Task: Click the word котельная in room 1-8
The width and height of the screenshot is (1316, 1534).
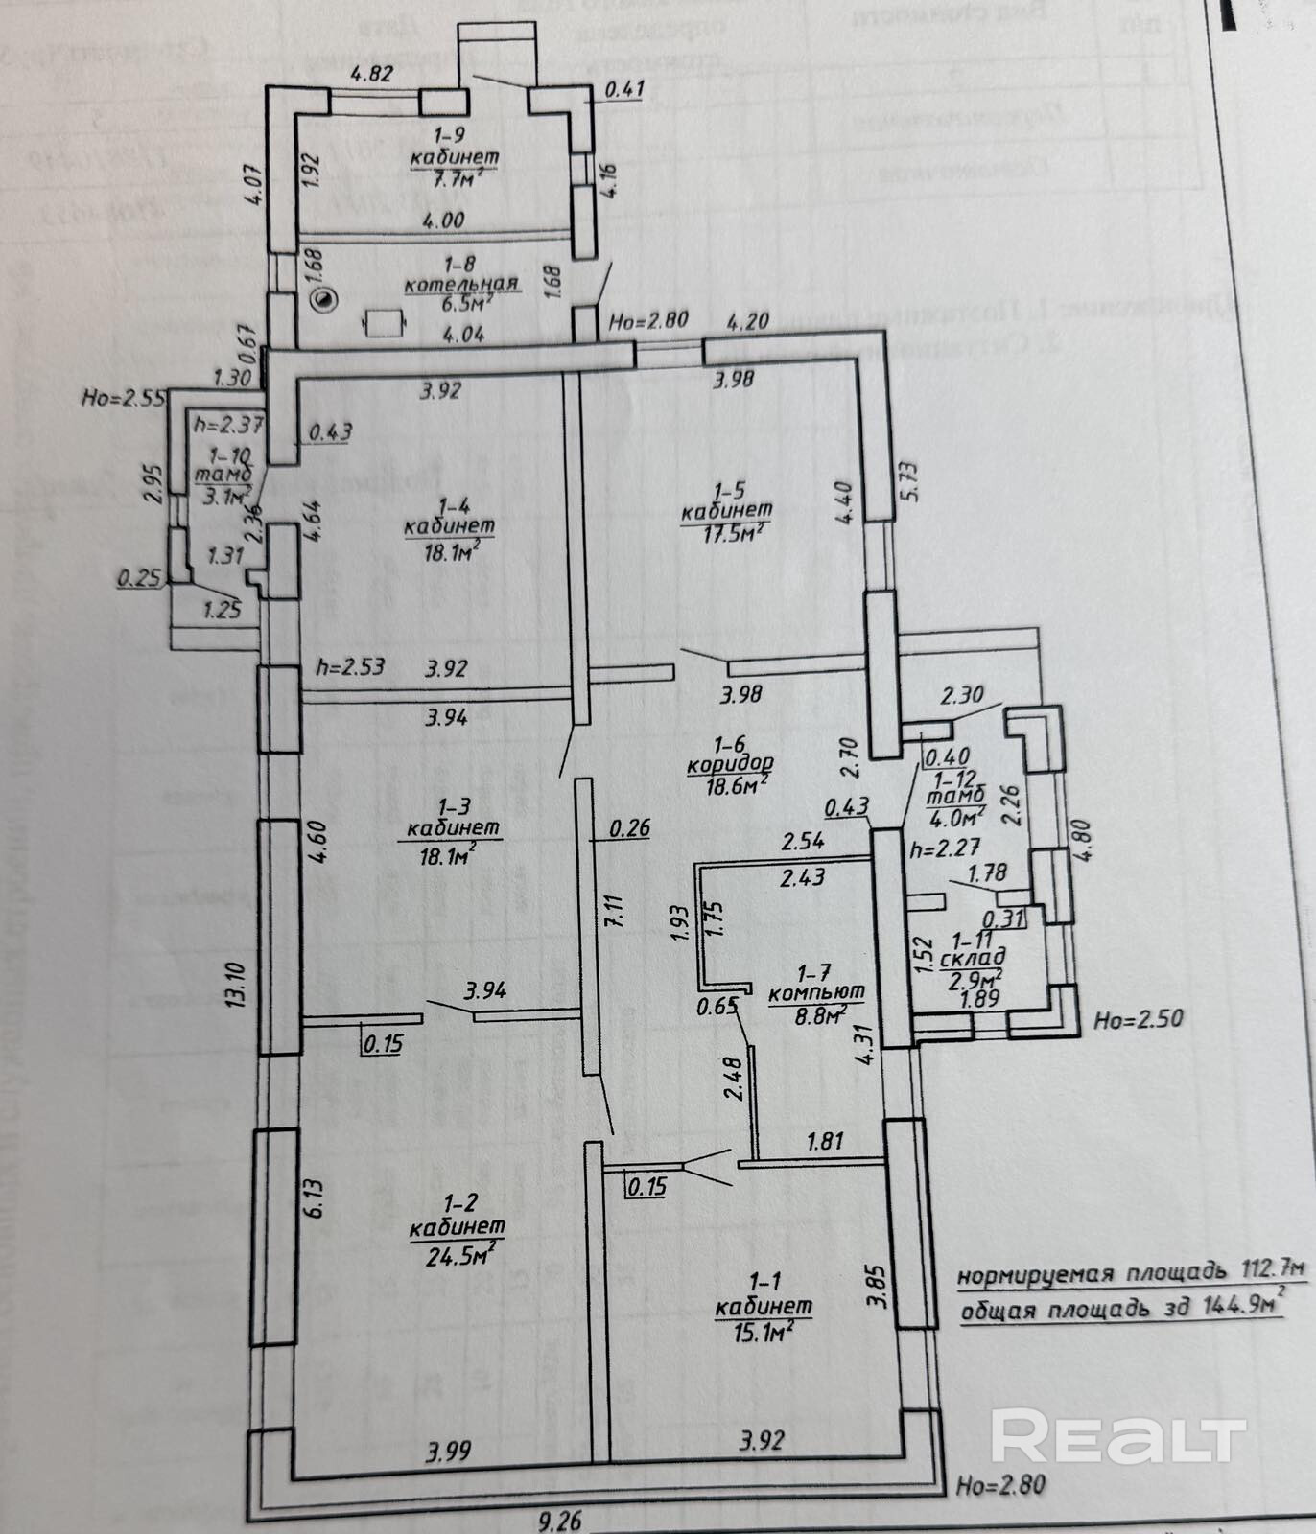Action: tap(461, 284)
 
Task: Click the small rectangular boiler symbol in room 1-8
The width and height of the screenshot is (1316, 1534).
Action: tap(386, 323)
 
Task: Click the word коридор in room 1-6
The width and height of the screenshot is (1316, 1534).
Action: tap(730, 764)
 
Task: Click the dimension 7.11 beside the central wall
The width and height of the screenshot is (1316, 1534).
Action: tap(615, 908)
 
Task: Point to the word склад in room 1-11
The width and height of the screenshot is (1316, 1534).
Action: tap(973, 957)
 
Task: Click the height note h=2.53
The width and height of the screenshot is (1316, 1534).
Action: tap(350, 666)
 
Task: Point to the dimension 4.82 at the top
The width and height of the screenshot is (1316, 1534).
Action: tap(371, 74)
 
